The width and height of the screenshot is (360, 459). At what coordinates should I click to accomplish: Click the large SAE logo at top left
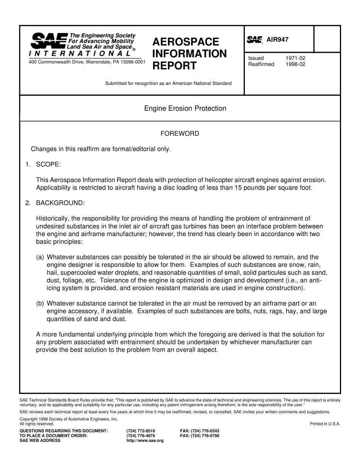point(49,40)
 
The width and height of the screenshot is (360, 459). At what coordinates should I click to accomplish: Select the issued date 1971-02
point(295,58)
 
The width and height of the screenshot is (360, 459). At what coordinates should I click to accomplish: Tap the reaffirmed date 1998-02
point(295,64)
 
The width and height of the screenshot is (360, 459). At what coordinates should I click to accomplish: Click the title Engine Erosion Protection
point(185,108)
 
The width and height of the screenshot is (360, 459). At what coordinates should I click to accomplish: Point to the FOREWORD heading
point(180,133)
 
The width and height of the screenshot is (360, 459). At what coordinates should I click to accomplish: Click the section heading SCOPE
point(48,164)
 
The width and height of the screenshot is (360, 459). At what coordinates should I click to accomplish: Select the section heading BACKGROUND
point(60,203)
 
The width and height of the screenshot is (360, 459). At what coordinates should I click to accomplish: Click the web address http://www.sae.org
point(145,441)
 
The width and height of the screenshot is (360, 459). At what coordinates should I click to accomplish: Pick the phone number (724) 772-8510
point(141,431)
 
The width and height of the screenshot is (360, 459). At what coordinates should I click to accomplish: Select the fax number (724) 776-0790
point(199,436)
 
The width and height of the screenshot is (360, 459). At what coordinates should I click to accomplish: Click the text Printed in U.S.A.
point(325,424)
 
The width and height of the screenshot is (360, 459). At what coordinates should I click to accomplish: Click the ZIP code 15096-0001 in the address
point(133,62)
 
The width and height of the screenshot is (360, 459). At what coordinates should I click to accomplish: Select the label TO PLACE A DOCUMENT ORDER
point(53,436)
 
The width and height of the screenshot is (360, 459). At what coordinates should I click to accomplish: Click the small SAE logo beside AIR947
point(255,40)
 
